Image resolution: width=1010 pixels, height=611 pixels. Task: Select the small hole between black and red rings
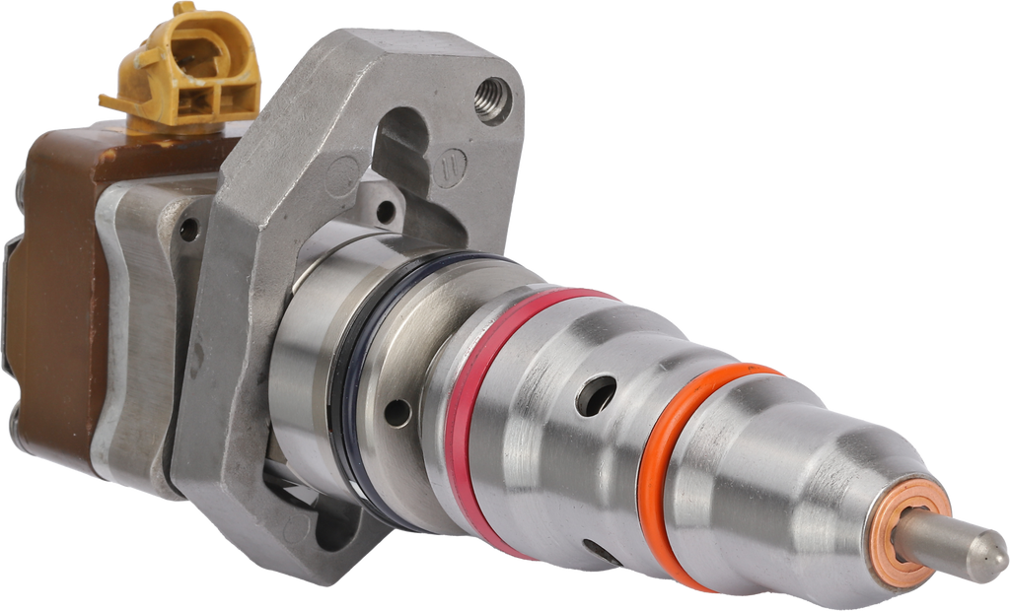pyautogui.click(x=397, y=412)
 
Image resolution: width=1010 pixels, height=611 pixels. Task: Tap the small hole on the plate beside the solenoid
pyautogui.click(x=187, y=231)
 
